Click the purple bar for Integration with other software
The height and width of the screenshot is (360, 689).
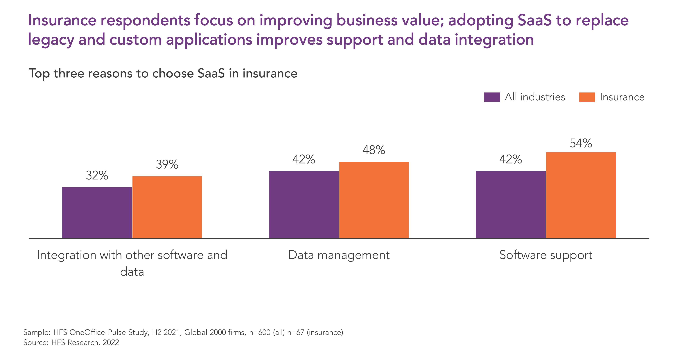pos(97,213)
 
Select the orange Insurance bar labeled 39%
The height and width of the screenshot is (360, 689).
pos(167,207)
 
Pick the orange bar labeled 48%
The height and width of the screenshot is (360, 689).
pos(374,200)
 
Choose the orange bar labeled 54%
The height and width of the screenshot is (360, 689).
pos(581,195)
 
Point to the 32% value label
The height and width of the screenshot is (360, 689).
pos(97,175)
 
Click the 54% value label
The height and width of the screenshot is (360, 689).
pos(581,143)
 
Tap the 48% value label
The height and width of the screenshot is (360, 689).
pos(374,150)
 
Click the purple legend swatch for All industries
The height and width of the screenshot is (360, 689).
pos(492,97)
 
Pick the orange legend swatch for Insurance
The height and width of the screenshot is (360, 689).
pos(587,97)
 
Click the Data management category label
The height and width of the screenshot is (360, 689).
pos(339,255)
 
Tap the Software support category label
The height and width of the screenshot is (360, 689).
pos(546,255)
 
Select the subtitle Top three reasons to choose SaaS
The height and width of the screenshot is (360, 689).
pos(127,74)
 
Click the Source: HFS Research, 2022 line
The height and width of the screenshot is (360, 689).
pos(71,343)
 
